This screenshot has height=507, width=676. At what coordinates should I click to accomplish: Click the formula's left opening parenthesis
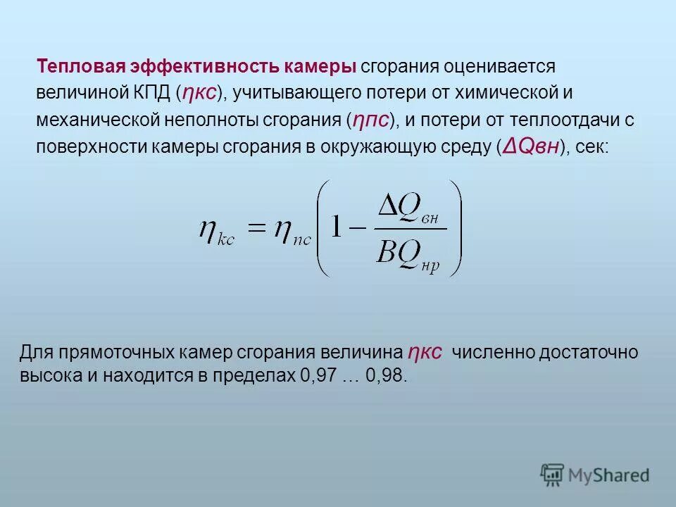pyautogui.click(x=320, y=227)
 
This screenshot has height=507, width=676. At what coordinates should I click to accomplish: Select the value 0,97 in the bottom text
pyautogui.click(x=318, y=375)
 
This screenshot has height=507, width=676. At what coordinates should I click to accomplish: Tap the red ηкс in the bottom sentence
pyautogui.click(x=424, y=351)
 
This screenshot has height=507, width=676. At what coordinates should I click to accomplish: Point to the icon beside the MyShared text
pyautogui.click(x=553, y=475)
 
